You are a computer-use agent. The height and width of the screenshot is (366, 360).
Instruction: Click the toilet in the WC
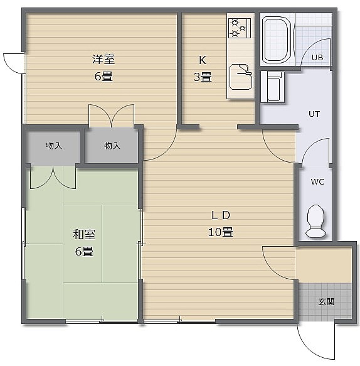click(315, 221)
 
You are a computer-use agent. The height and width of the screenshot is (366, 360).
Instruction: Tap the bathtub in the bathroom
click(277, 40)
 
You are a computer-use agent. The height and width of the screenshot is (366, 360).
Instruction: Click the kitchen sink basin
click(241, 77)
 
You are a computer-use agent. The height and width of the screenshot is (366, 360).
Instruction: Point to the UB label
click(317, 57)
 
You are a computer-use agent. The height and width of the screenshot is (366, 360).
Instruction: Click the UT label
click(314, 114)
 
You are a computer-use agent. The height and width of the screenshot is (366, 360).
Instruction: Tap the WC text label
click(317, 181)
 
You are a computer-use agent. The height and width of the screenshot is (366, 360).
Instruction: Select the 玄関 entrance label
click(326, 302)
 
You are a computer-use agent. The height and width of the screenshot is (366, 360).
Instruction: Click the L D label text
click(221, 215)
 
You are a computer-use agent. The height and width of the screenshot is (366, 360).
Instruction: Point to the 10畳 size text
click(220, 232)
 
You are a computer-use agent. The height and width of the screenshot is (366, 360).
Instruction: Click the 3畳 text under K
click(203, 77)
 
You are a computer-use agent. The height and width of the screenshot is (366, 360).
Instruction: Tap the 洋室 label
click(103, 59)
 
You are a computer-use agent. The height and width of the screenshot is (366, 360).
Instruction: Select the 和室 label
click(84, 234)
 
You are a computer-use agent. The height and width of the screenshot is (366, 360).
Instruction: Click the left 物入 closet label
click(54, 146)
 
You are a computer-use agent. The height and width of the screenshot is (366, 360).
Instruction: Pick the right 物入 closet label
click(112, 146)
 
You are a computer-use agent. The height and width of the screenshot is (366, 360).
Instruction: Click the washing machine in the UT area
click(273, 87)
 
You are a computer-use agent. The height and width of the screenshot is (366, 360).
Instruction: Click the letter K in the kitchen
click(203, 60)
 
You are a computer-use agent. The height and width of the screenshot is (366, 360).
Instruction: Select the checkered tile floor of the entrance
click(325, 301)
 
